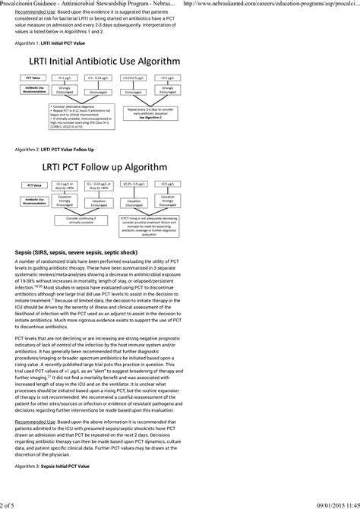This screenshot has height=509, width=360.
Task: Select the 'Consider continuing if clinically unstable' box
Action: (78, 218)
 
